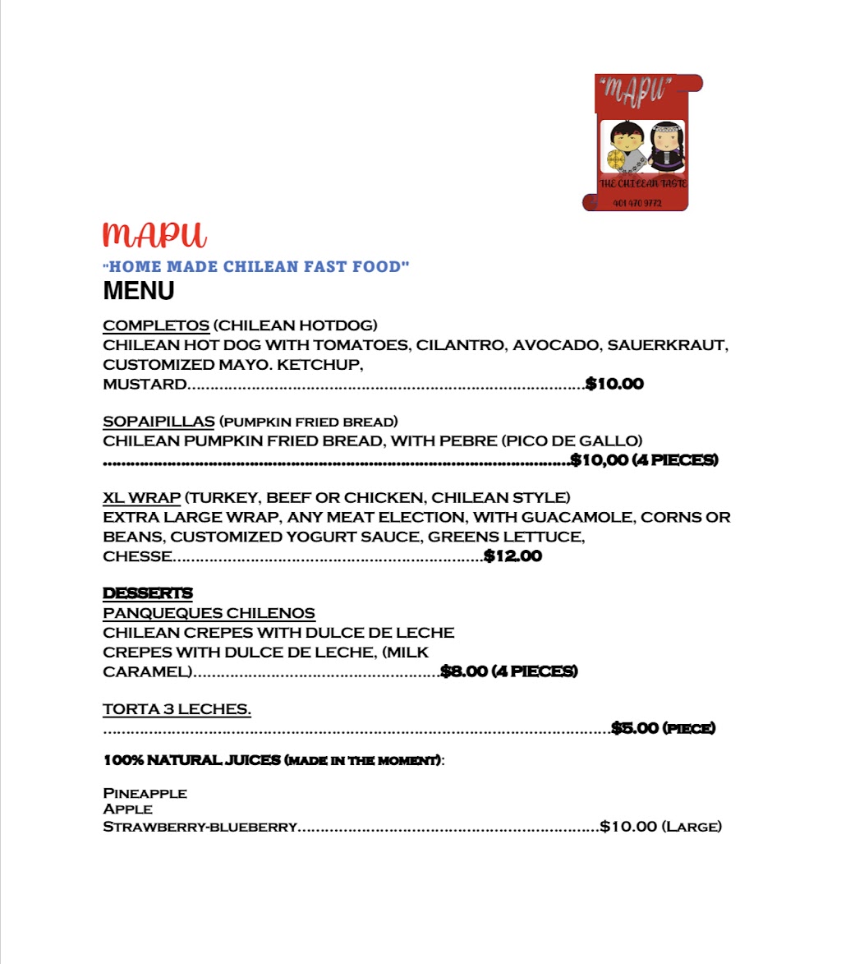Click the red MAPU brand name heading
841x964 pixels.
point(154,234)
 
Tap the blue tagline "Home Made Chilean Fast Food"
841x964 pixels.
point(256,266)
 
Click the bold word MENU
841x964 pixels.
point(138,291)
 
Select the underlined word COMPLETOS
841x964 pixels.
point(156,325)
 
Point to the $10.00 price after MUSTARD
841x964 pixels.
point(614,384)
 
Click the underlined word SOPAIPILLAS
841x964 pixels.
point(159,422)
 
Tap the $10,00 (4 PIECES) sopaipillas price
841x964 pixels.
point(645,460)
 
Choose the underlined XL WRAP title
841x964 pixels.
point(141,498)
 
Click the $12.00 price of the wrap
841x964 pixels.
point(513,556)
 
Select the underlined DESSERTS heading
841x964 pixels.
point(148,593)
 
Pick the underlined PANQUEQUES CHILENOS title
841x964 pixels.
point(209,613)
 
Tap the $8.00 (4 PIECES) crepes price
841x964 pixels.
point(509,671)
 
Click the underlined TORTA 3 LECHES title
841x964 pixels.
point(177,709)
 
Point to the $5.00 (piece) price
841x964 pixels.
point(664,728)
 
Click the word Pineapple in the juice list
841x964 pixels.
point(145,794)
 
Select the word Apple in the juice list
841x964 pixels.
point(127,809)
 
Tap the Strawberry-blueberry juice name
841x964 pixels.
point(200,827)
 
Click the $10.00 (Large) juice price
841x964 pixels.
point(661,827)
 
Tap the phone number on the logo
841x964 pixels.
point(637,203)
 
